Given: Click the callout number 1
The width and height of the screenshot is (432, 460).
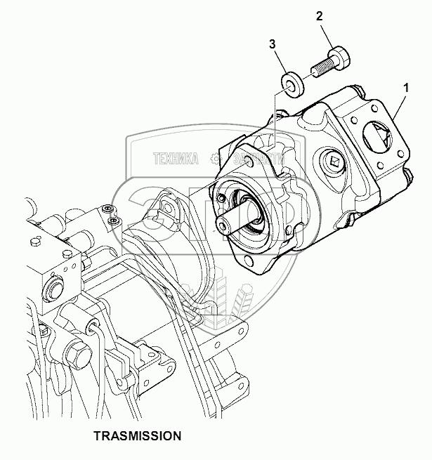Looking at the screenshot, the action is (405, 88).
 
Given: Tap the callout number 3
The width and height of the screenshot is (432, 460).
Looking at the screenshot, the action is (272, 45).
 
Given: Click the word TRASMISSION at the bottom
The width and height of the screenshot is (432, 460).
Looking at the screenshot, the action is (138, 435).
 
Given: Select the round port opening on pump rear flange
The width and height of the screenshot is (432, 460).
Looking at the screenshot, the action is (379, 138).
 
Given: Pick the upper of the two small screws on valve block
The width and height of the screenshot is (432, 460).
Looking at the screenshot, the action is (106, 209).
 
